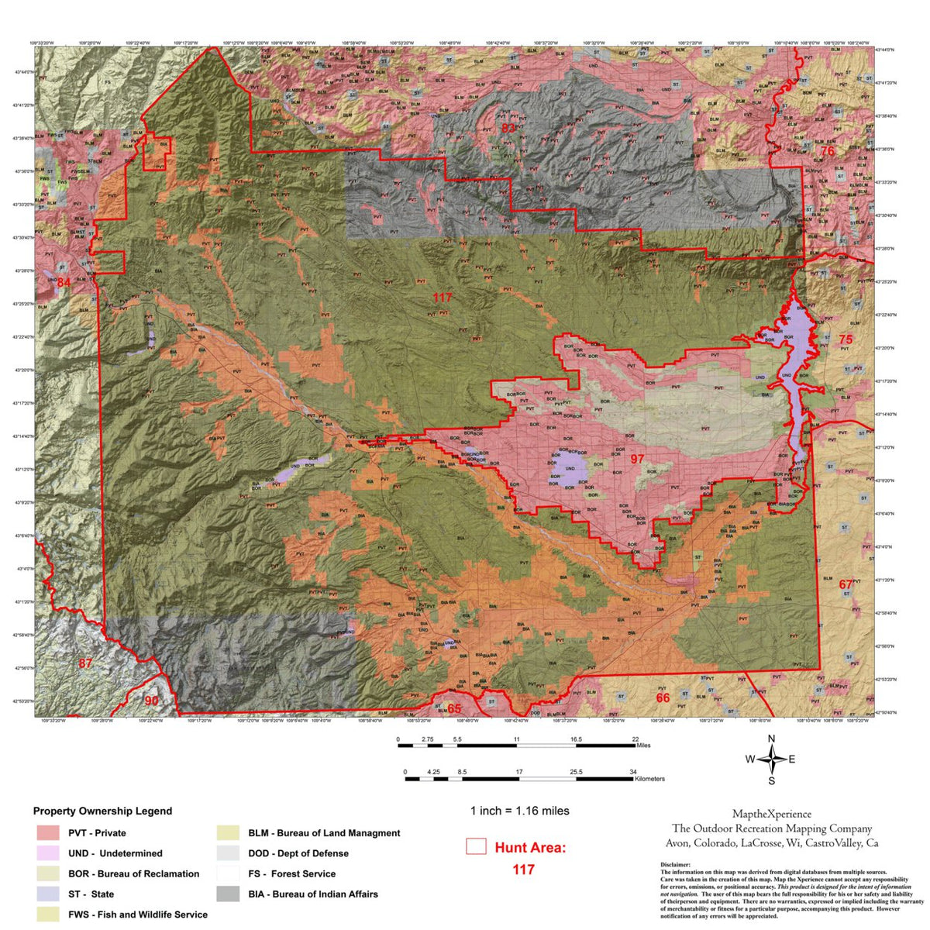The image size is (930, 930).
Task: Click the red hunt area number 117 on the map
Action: (x=443, y=298)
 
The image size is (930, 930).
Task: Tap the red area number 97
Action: (x=637, y=459)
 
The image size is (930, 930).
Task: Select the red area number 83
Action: (x=508, y=128)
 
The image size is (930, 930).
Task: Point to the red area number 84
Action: (x=64, y=283)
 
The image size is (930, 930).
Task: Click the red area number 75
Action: (x=845, y=339)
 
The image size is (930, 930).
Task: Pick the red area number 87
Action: (x=85, y=663)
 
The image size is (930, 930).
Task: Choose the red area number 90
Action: (x=151, y=701)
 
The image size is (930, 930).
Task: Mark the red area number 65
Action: (x=454, y=709)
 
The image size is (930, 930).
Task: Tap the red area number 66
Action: (x=663, y=698)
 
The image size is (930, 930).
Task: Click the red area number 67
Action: (x=846, y=584)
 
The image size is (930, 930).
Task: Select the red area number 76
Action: (x=828, y=151)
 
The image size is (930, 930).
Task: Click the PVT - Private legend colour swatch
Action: (x=48, y=833)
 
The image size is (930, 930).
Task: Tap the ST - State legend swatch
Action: (x=48, y=894)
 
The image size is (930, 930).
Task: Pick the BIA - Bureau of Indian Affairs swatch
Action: (x=228, y=894)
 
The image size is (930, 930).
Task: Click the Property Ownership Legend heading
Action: (x=102, y=811)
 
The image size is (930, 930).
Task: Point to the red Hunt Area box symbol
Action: (x=476, y=846)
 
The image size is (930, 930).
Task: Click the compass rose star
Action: (x=771, y=759)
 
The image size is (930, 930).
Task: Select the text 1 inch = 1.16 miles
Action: (x=519, y=811)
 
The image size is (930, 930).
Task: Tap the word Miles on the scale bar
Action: (x=643, y=746)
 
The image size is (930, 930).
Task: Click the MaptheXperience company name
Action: (x=772, y=814)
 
